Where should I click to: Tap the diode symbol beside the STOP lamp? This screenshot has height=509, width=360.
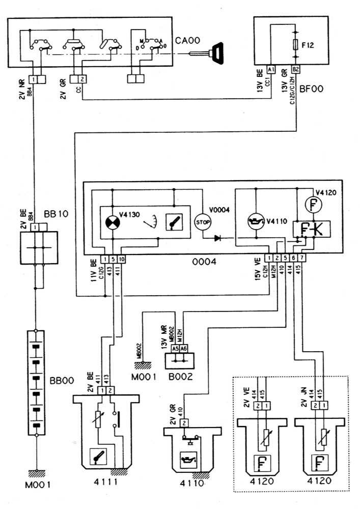(x=219, y=237)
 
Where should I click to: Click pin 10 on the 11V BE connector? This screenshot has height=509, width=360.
(x=121, y=259)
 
